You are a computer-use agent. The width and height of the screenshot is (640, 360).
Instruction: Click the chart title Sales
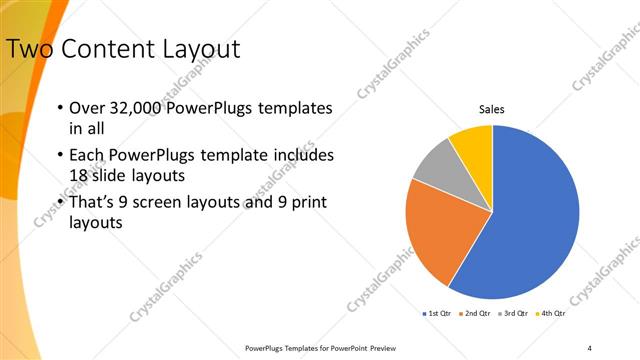pyautogui.click(x=492, y=109)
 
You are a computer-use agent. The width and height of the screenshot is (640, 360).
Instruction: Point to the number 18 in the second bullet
pyautogui.click(x=78, y=174)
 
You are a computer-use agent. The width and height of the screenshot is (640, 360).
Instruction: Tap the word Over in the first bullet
pyautogui.click(x=86, y=107)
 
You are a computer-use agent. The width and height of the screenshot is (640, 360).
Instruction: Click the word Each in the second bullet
pyautogui.click(x=86, y=156)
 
